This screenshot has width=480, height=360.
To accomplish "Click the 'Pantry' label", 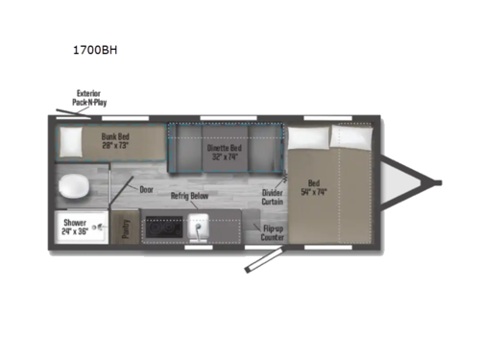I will point(127,228).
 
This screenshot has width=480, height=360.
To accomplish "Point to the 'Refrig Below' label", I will point(191,195).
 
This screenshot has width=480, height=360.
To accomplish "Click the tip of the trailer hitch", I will point(437,182).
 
